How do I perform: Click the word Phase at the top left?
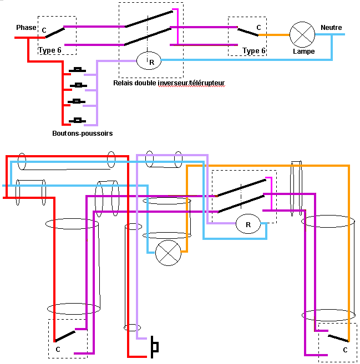(26, 28)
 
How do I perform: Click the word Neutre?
(331, 28)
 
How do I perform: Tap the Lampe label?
(303, 52)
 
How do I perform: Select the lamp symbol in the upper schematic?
(303, 34)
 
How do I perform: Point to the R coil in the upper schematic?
(148, 60)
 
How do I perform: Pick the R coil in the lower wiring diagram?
(248, 225)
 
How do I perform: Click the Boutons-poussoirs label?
(83, 134)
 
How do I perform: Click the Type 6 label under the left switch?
(50, 50)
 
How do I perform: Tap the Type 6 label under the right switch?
(254, 51)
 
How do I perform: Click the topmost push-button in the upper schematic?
(78, 70)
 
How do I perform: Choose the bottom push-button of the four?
(78, 120)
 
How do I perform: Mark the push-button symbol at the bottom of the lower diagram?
(155, 347)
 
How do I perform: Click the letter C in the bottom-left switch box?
(58, 350)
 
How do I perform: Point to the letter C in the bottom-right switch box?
(345, 350)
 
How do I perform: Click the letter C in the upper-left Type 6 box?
(44, 30)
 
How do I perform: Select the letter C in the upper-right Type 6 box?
(258, 27)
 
